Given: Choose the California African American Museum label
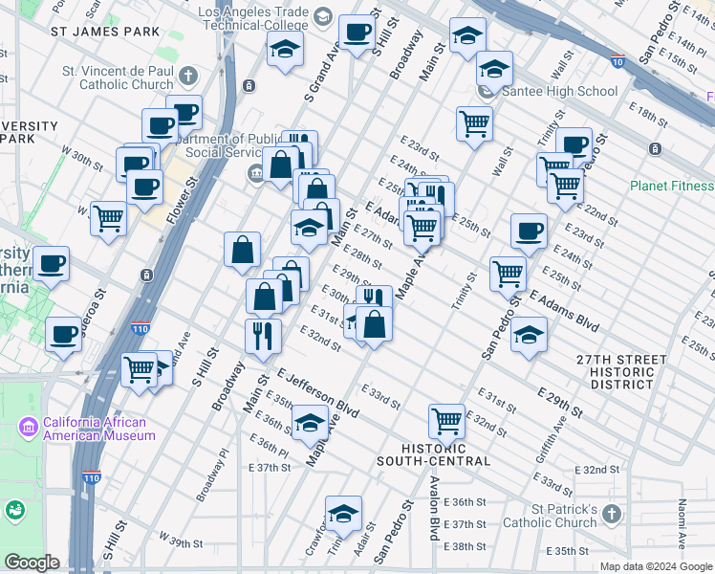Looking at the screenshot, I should pyautogui.click(x=94, y=429).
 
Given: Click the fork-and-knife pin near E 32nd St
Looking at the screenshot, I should pyautogui.click(x=261, y=335).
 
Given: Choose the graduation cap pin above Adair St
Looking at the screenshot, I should pyautogui.click(x=343, y=514).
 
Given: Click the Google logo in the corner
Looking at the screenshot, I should pyautogui.click(x=32, y=563).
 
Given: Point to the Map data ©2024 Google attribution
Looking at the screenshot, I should pyautogui.click(x=655, y=566).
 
